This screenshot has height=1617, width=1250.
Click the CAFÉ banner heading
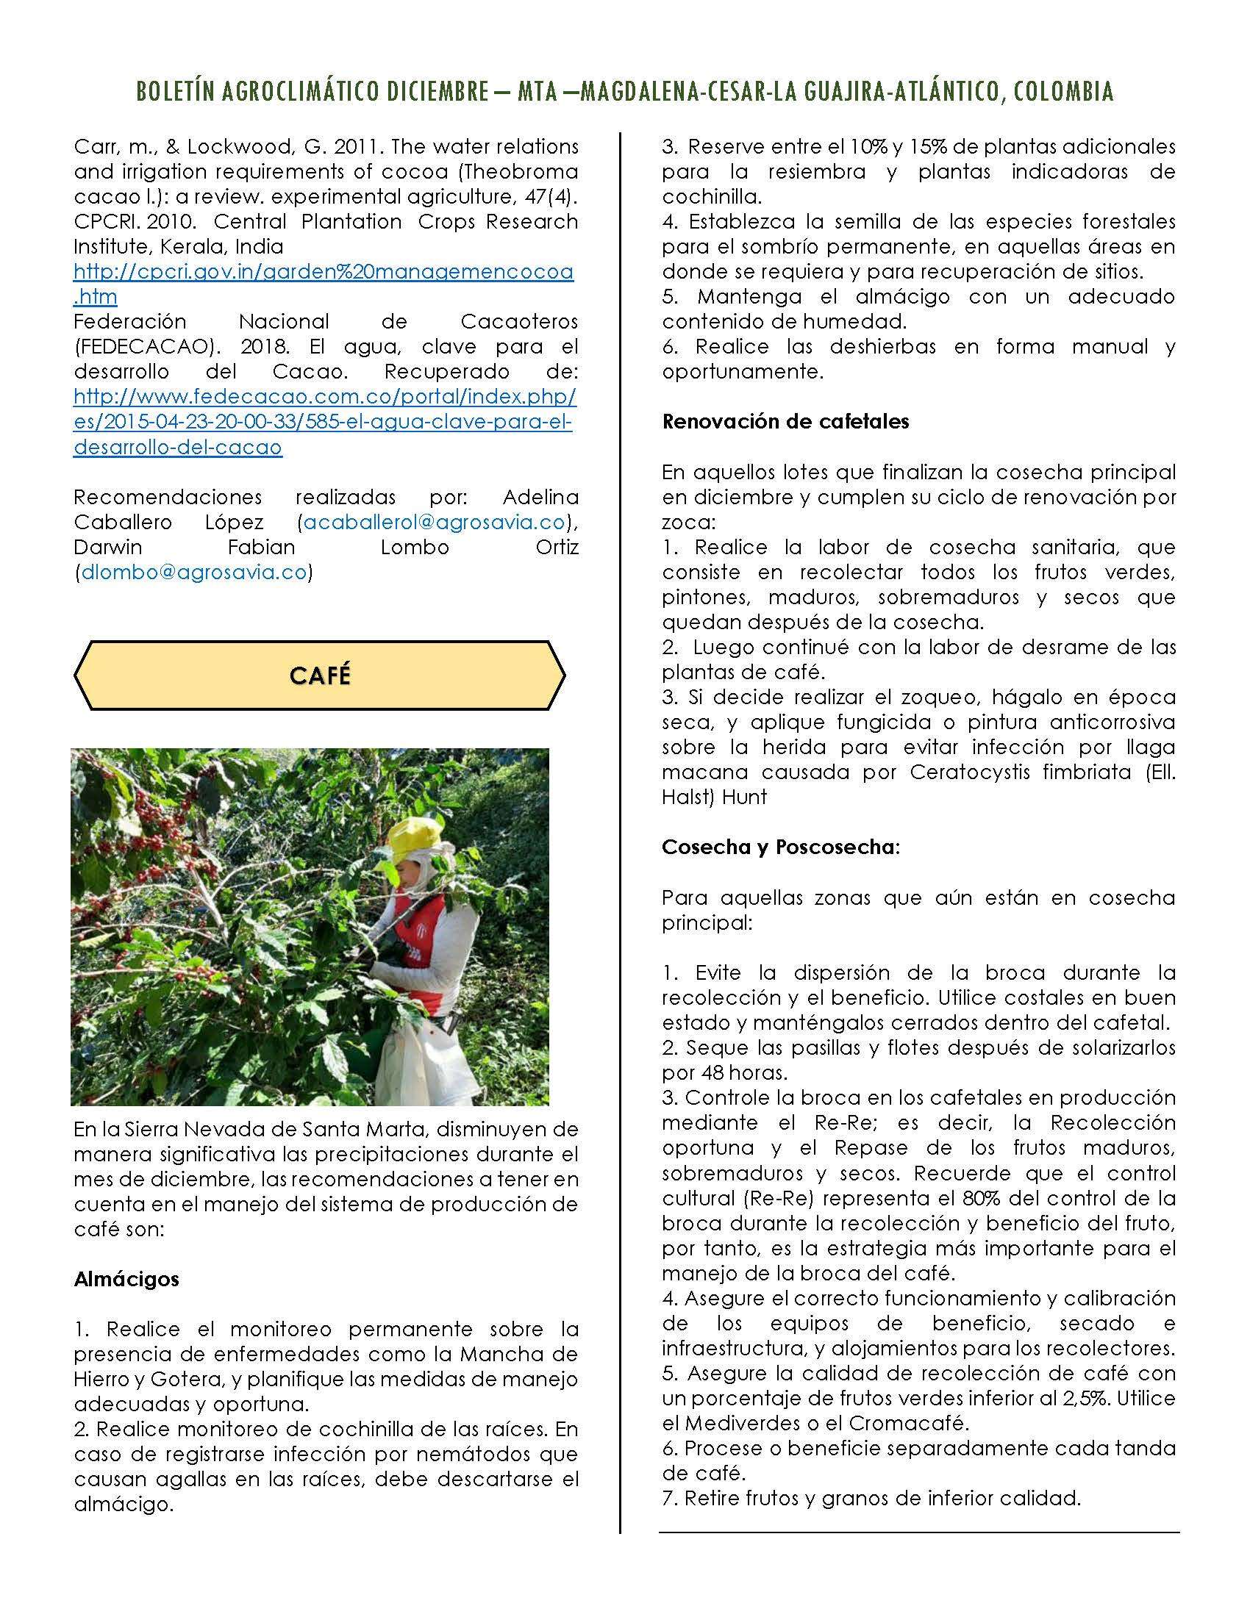coord(320,675)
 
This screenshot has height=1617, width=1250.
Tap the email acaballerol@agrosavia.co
coord(434,522)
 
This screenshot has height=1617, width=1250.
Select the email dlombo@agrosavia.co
coord(193,573)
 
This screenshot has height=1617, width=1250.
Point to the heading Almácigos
coord(126,1279)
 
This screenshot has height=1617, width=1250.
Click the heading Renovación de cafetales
coord(786,422)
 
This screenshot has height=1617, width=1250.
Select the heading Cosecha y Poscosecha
coord(779,847)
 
